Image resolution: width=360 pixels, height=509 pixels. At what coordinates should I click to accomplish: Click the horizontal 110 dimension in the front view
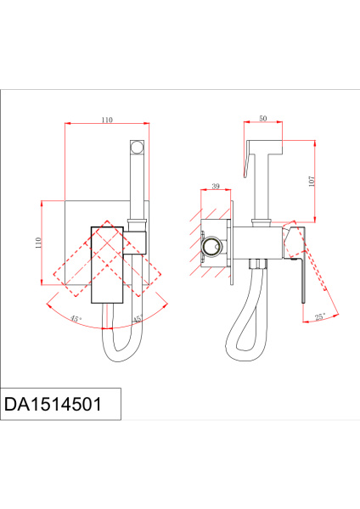(x=107, y=120)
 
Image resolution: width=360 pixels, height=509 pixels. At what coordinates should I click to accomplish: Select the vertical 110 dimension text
(x=37, y=243)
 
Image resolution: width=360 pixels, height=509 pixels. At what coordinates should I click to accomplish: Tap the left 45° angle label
(x=76, y=319)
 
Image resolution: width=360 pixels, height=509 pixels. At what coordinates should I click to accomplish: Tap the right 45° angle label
(x=137, y=319)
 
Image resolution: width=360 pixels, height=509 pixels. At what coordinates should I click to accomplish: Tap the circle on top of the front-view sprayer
(x=136, y=147)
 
